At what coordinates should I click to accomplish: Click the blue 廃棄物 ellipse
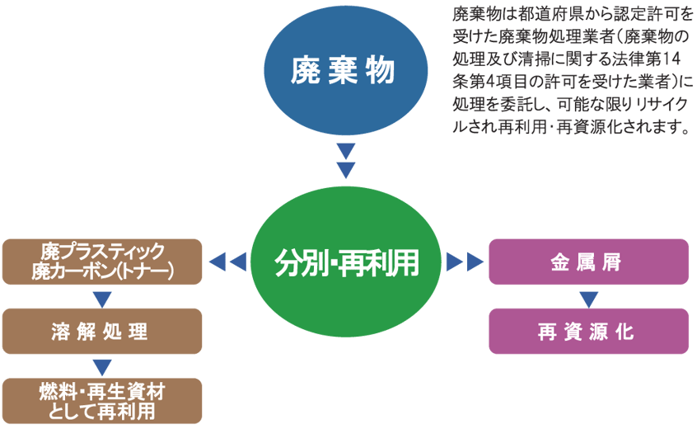pos(345,71)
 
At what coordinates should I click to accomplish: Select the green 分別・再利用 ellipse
pos(346,263)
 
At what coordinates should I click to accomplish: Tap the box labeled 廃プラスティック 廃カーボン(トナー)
pos(102,262)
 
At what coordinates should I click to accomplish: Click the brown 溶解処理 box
pos(102,331)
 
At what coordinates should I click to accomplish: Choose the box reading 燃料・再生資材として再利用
pos(102,400)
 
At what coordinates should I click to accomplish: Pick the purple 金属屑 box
pos(588,262)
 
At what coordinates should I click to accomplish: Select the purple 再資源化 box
pos(588,331)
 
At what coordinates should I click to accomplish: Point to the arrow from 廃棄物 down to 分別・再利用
pos(346,161)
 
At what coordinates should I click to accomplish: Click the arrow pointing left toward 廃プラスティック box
pos(228,262)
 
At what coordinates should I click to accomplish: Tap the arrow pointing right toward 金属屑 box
pos(464,262)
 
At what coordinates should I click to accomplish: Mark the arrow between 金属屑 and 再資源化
pos(588,297)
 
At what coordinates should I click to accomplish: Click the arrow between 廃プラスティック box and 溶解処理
pos(102,297)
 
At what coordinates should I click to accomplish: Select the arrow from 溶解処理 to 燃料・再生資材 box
pos(102,366)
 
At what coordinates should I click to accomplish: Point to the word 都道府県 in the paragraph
pos(538,16)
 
